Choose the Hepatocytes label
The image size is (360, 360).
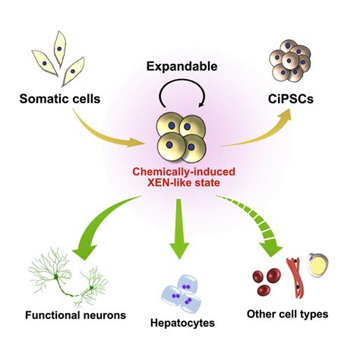[x=183, y=322]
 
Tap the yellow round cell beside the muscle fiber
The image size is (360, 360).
[x=320, y=266]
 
